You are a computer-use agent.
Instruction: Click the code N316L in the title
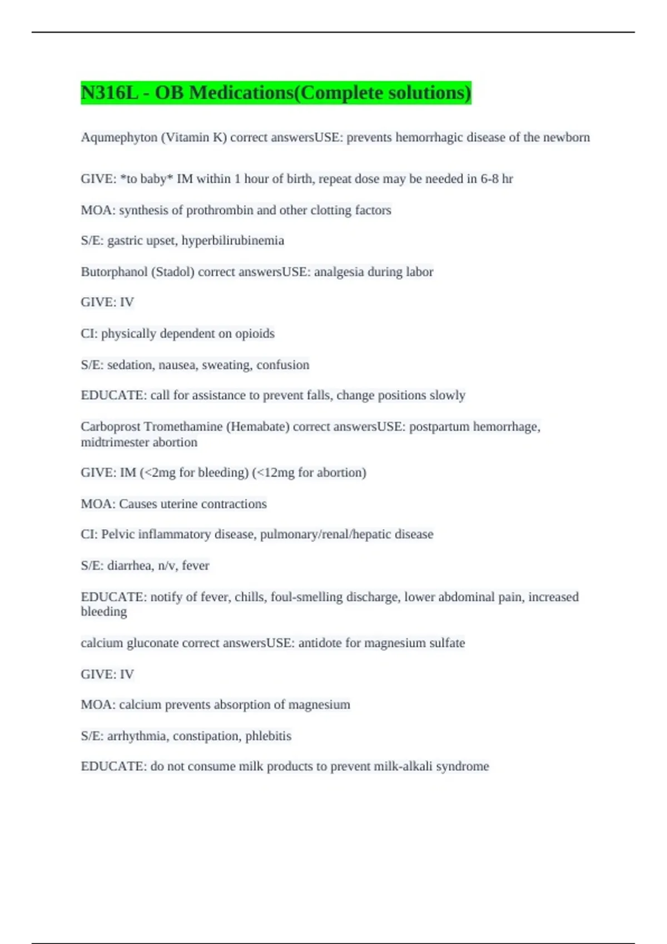(109, 93)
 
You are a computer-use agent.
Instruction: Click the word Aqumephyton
(119, 137)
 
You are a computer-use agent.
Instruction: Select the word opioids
(255, 333)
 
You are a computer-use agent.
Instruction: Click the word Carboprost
(111, 426)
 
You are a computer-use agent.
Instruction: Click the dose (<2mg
(158, 473)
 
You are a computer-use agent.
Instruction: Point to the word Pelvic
(118, 534)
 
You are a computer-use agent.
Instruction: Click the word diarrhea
(129, 565)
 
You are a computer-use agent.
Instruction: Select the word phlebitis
(268, 736)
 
